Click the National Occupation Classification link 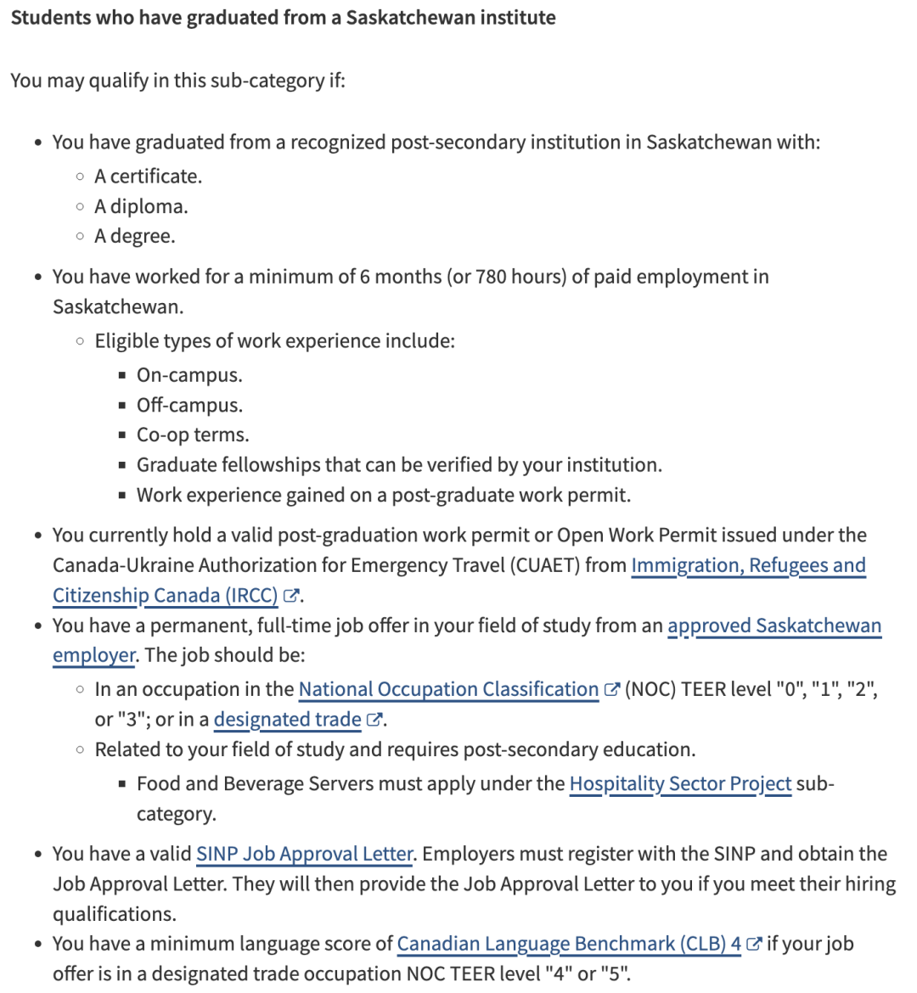448,689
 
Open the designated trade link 287,720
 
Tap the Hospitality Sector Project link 680,783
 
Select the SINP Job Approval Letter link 304,854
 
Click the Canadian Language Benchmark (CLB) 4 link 569,944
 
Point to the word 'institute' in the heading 515,18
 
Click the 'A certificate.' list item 148,177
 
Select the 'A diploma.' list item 141,206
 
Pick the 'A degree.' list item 135,236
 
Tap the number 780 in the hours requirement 492,277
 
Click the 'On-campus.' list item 189,375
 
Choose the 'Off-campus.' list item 189,405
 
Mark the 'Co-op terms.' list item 193,435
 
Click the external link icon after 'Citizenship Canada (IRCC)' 291,596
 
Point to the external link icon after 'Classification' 611,690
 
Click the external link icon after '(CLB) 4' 753,944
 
